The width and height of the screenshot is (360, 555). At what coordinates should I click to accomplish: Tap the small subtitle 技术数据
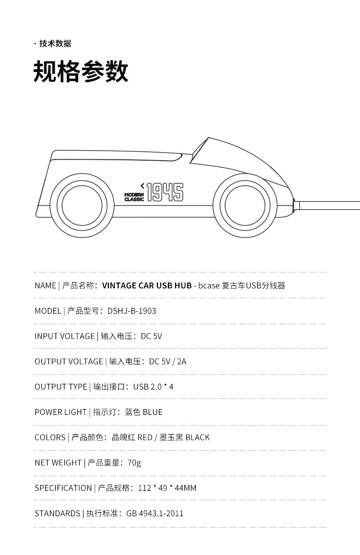[x=55, y=44]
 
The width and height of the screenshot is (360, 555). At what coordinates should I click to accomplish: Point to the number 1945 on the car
[x=165, y=192]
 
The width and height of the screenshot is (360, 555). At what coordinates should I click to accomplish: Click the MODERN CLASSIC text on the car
[x=134, y=197]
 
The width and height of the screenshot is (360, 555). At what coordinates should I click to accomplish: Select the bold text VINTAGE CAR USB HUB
[x=147, y=286]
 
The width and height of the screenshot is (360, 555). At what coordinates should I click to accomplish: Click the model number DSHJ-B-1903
[x=132, y=311]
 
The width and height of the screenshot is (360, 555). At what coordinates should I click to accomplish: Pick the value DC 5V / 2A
[x=168, y=362]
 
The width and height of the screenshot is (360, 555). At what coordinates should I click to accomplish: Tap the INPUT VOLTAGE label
[x=64, y=336]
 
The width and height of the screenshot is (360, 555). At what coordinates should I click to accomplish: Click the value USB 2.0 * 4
[x=153, y=387]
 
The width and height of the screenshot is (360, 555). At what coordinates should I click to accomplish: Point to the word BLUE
[x=153, y=413]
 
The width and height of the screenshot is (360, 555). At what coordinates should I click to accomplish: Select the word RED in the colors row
[x=144, y=437]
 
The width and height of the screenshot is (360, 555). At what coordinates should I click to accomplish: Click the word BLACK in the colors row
[x=197, y=437]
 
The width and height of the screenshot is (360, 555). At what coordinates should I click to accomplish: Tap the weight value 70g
[x=134, y=463]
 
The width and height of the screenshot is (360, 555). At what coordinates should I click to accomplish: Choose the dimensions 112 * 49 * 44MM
[x=167, y=488]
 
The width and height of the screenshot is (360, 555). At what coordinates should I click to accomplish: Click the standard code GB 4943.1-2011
[x=155, y=514]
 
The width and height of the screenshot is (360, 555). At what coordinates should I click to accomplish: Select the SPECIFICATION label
[x=63, y=488]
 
